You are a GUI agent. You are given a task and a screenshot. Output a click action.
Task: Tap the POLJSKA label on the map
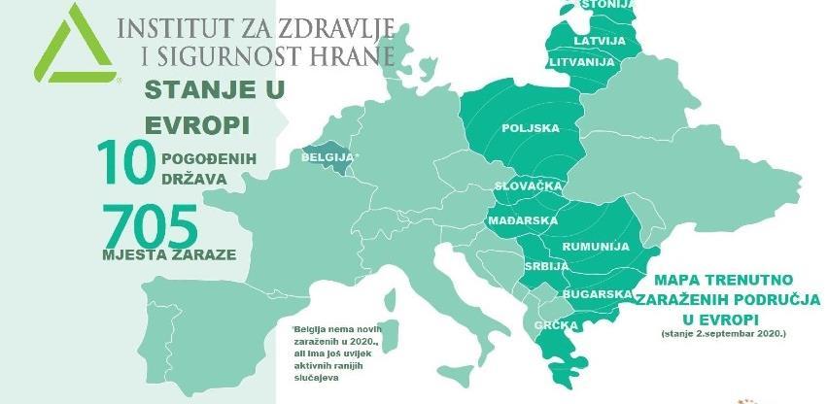(531, 128)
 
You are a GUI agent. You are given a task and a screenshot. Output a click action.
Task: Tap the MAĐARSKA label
(523, 220)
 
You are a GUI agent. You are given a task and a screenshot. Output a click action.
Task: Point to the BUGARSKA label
(592, 292)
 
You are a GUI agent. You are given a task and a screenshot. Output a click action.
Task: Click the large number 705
(150, 222)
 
